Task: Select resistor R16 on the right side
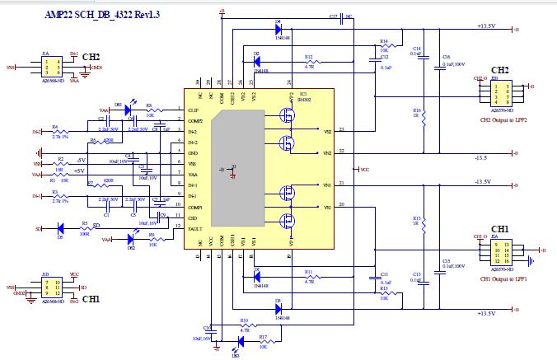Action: coord(424,119)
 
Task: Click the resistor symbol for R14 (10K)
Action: coord(383,46)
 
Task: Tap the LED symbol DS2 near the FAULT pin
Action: coord(131,240)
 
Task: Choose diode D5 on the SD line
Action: coord(59,227)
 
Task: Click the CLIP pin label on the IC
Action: coord(194,109)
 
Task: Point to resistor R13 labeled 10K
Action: coord(383,294)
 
